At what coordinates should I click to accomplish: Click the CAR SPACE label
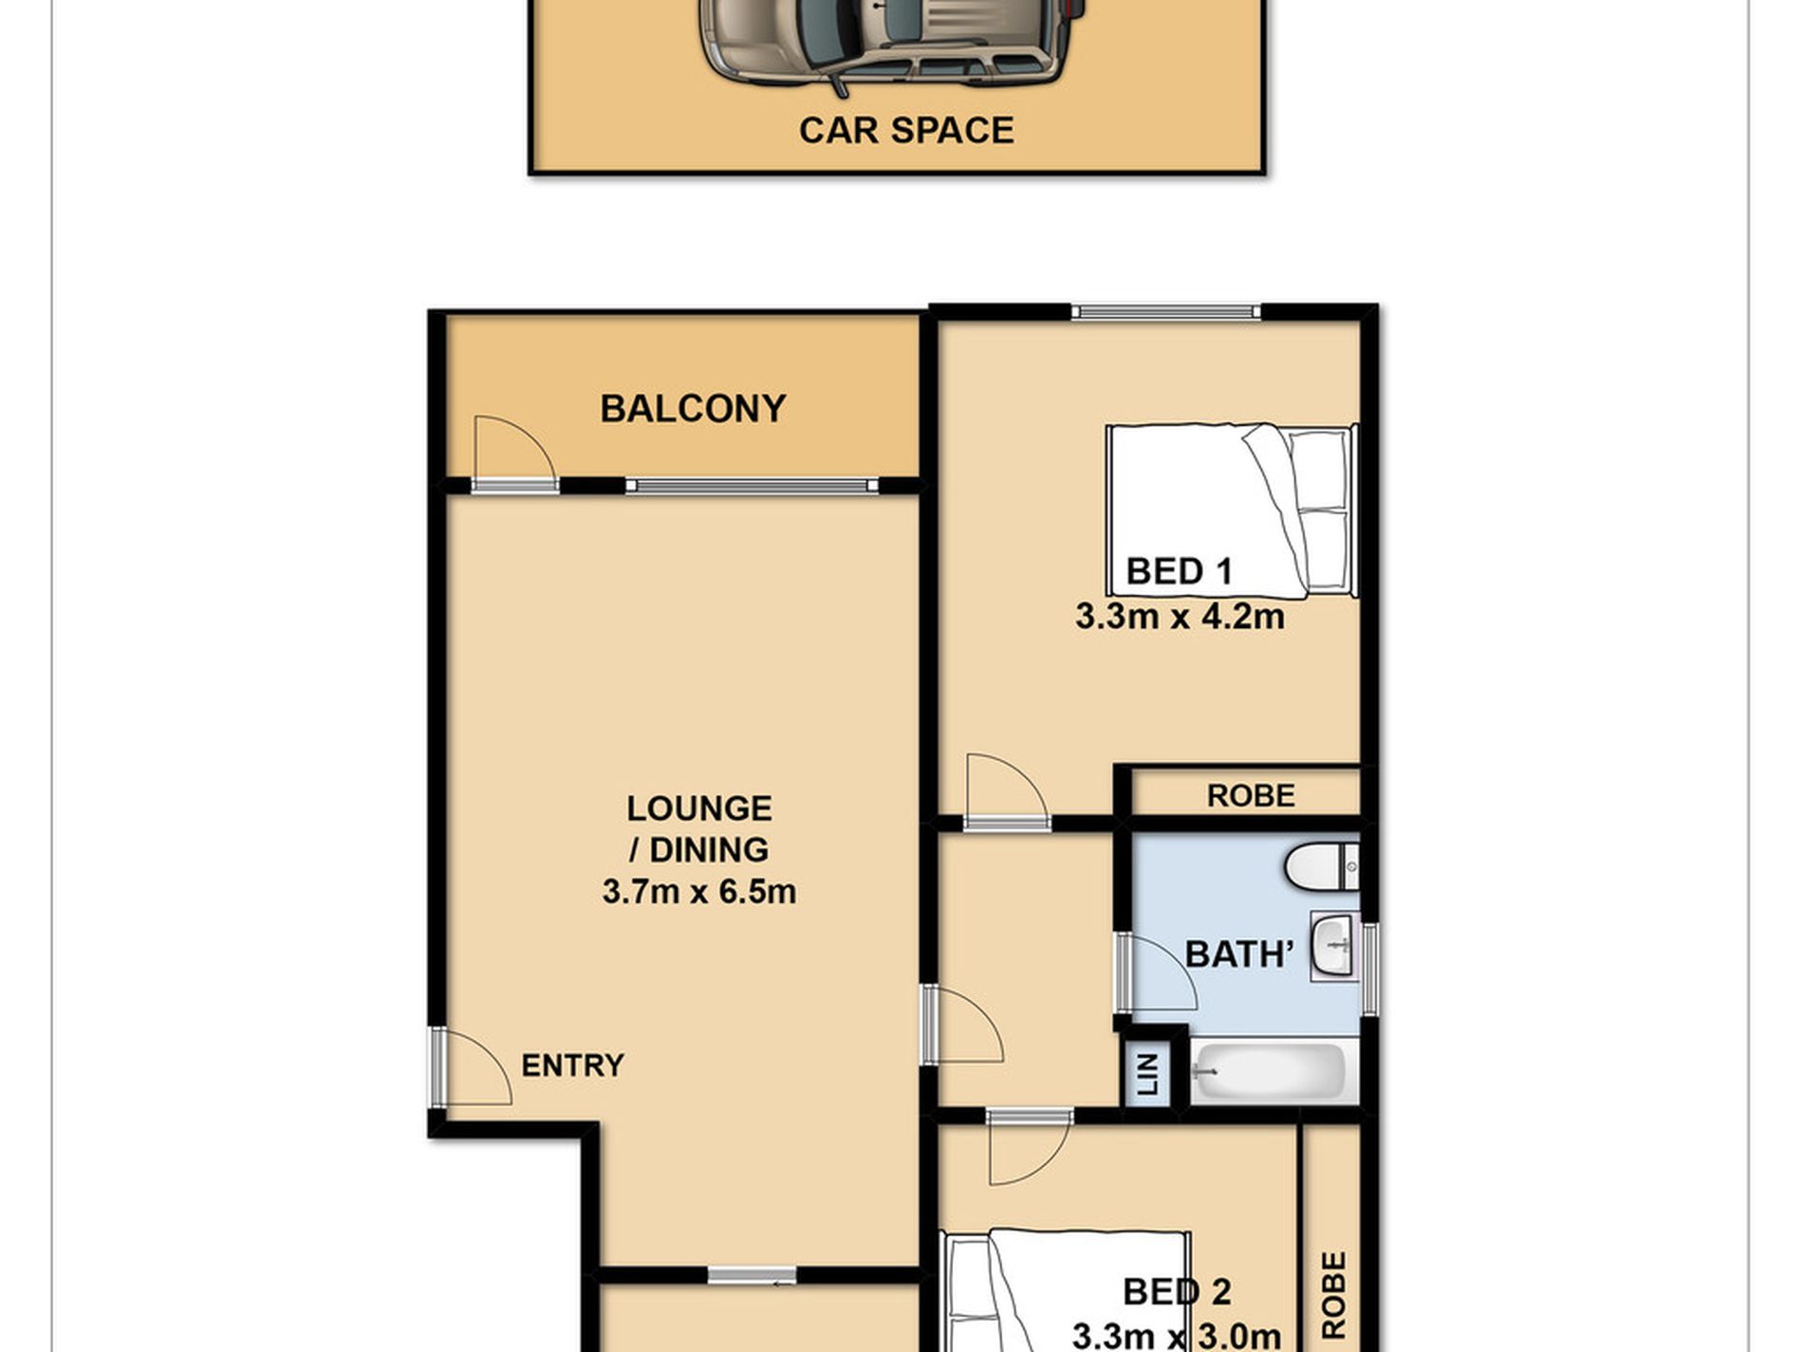point(906,130)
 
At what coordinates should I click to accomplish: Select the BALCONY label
point(693,409)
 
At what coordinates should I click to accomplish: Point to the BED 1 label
point(1179,571)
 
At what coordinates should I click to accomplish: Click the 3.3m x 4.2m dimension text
point(1180,617)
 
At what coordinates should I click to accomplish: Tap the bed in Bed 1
point(1232,510)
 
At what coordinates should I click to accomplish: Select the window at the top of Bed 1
point(1166,311)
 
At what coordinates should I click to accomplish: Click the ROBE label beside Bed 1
point(1251,795)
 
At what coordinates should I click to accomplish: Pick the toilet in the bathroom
point(1322,866)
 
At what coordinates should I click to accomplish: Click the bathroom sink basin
point(1335,946)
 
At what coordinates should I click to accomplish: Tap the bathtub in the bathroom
point(1267,1072)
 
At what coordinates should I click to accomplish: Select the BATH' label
point(1239,954)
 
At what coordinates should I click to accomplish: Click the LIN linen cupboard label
point(1148,1075)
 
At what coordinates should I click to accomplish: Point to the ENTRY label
point(572,1065)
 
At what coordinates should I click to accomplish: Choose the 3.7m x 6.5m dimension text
point(699,892)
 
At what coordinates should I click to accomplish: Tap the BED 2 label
point(1177,1291)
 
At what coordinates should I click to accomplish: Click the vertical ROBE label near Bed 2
point(1333,1295)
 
